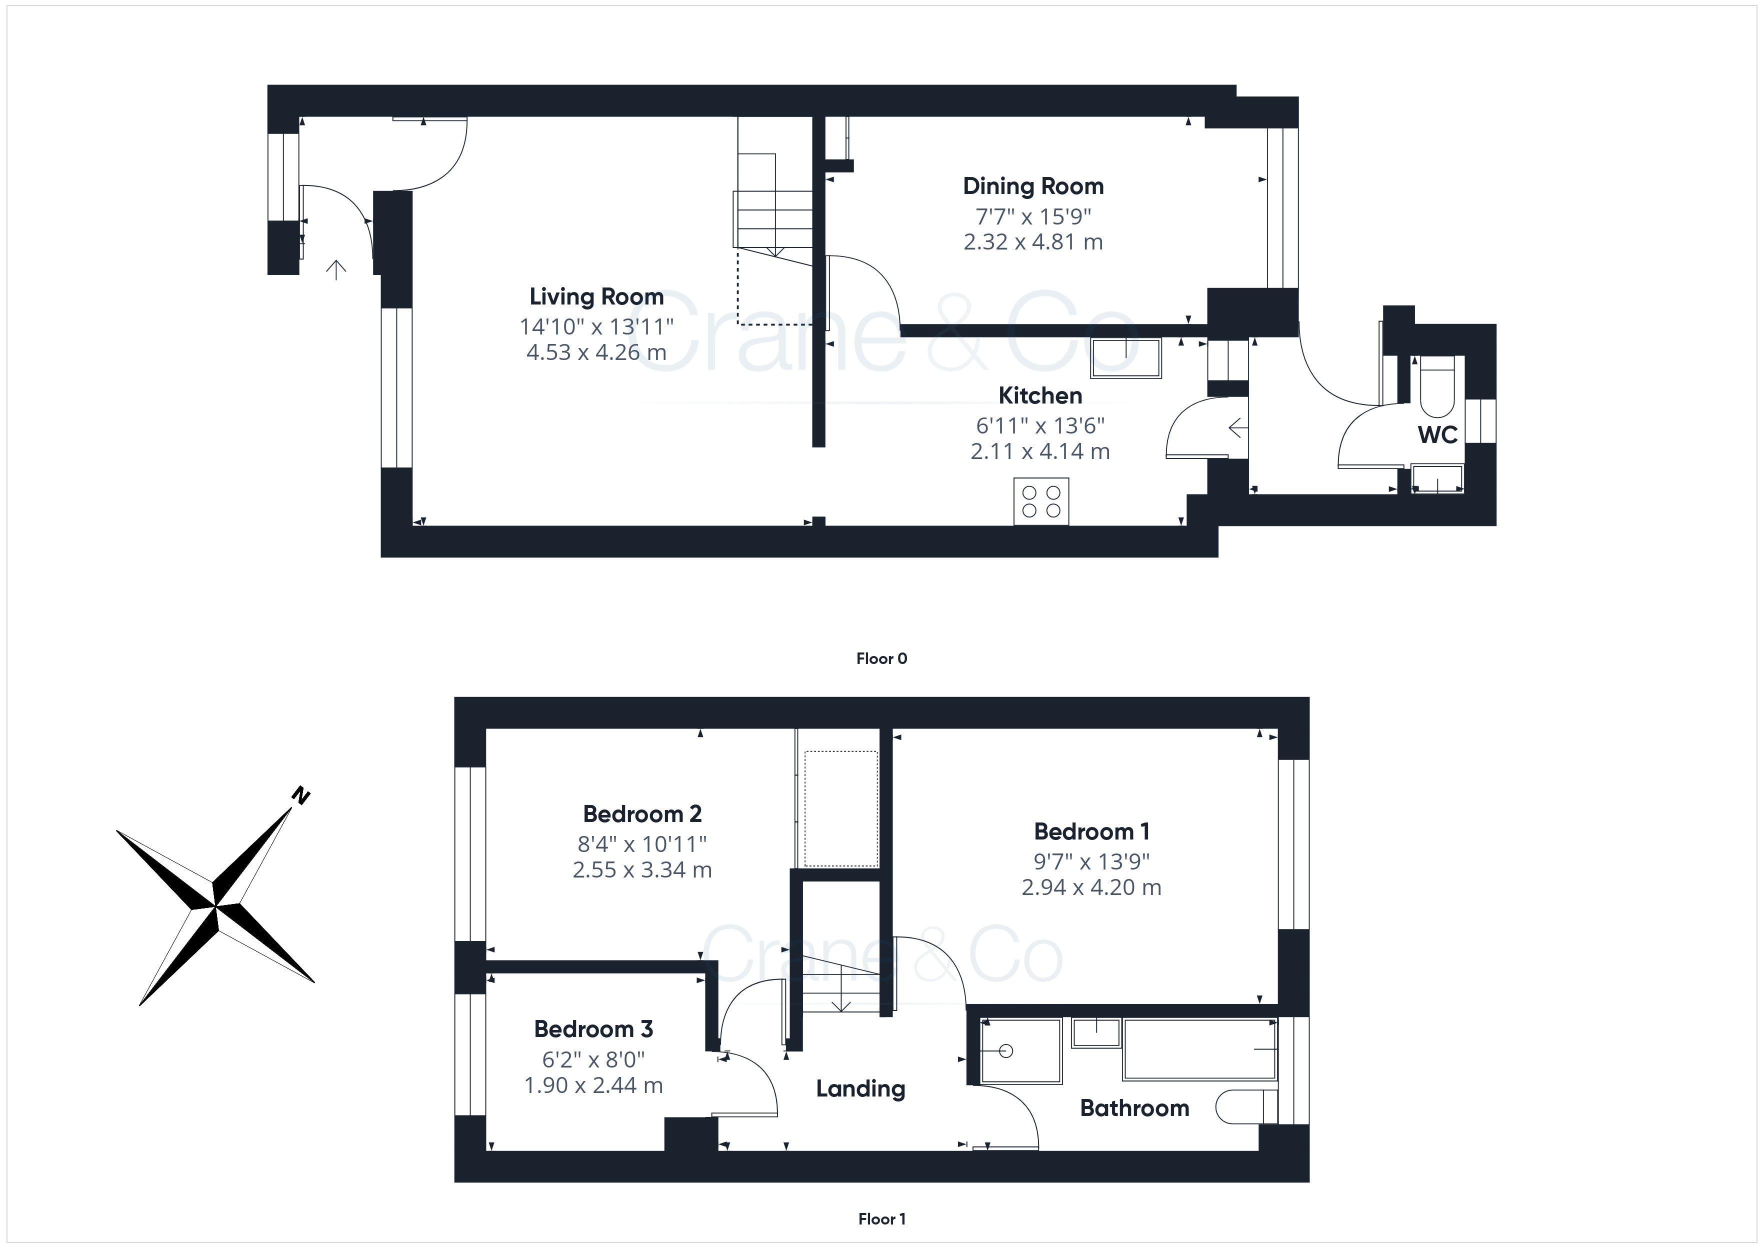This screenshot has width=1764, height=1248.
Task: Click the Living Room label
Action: [596, 296]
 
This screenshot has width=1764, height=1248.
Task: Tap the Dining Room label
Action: [1033, 186]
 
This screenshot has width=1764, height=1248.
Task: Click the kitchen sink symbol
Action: [1125, 357]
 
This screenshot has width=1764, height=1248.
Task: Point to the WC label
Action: [1437, 435]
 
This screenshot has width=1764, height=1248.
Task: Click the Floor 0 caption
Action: [882, 658]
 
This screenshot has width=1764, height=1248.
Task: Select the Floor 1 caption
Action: [882, 1219]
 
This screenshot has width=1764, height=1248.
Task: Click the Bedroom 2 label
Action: [642, 814]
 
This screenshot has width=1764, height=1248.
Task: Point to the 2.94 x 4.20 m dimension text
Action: [1091, 887]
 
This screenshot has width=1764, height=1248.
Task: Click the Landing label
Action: [860, 1089]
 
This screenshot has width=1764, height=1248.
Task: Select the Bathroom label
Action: [1135, 1108]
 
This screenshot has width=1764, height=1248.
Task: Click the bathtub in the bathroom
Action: [1199, 1049]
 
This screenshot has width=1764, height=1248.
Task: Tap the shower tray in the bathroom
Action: [1021, 1050]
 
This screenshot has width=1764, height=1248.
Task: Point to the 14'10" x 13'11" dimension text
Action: [596, 326]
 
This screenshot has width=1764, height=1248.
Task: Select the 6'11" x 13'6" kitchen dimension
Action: [1040, 425]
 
